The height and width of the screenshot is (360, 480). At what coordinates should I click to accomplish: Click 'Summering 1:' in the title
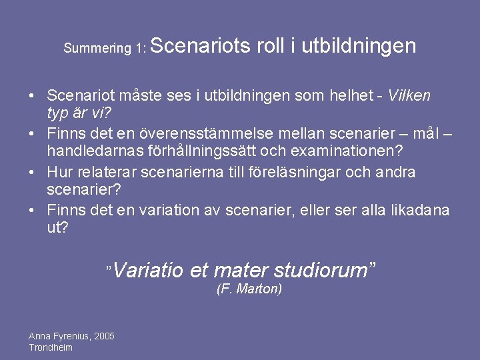pyautogui.click(x=105, y=48)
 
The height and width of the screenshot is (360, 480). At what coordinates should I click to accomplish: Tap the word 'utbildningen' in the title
pyautogui.click(x=359, y=45)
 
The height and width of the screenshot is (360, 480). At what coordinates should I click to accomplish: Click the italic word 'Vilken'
pyautogui.click(x=409, y=95)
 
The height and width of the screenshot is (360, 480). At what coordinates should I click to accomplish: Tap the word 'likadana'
pyautogui.click(x=423, y=210)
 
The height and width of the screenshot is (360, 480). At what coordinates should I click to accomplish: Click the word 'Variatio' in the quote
pyautogui.click(x=149, y=270)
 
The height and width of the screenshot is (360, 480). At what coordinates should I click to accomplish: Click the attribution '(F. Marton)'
pyautogui.click(x=249, y=289)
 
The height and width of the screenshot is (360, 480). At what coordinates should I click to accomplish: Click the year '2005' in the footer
pyautogui.click(x=104, y=336)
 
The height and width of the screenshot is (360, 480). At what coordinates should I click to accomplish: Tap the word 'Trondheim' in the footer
pyautogui.click(x=51, y=347)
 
